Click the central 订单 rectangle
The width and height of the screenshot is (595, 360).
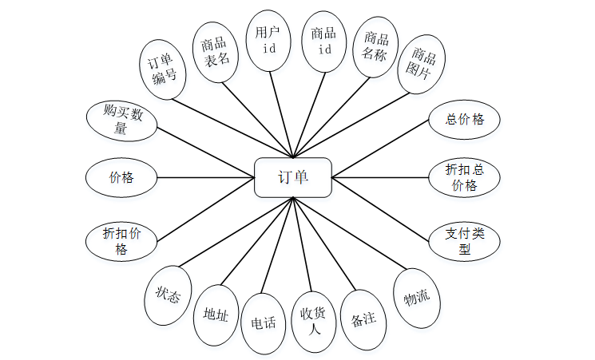(x=292, y=177)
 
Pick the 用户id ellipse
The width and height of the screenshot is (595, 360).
(x=269, y=41)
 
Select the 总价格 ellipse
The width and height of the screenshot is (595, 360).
(x=465, y=120)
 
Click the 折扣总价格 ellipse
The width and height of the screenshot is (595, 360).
(x=465, y=177)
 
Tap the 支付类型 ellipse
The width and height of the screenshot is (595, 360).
(x=465, y=240)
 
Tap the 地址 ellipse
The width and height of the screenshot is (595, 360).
(x=216, y=315)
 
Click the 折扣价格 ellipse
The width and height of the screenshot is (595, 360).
(x=121, y=240)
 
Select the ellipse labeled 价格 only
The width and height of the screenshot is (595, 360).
(x=121, y=177)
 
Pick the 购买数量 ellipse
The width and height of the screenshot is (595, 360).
(x=121, y=121)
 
